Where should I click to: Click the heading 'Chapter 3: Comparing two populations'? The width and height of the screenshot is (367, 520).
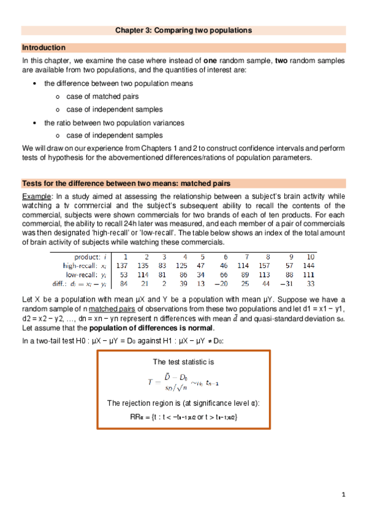point(184,30)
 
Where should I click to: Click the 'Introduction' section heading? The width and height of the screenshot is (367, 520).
point(44,48)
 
